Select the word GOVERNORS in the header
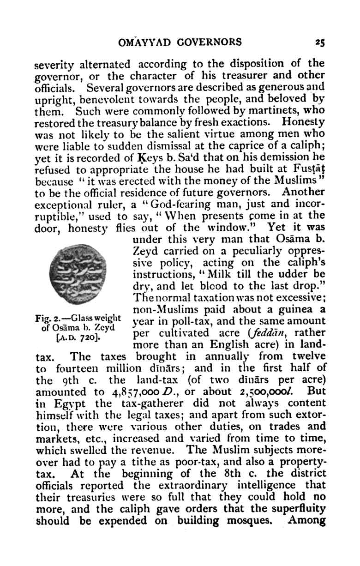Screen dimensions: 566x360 211,43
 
